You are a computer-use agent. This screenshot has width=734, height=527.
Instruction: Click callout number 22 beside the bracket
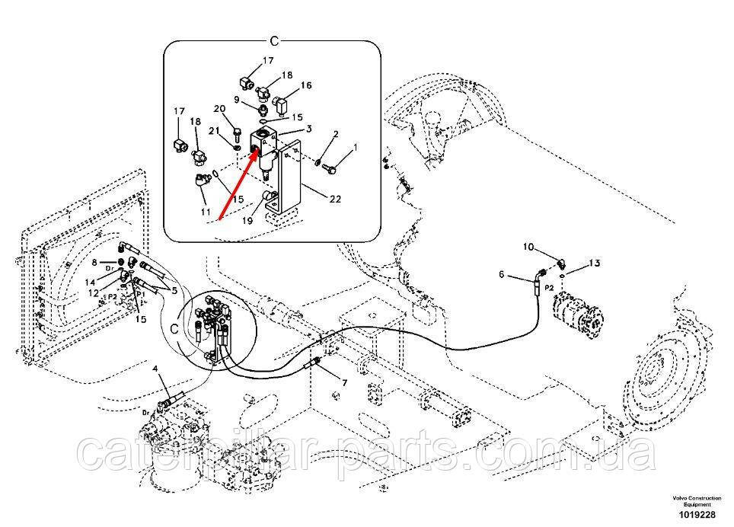click(334, 200)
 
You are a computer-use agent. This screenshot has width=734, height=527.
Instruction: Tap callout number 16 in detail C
click(306, 86)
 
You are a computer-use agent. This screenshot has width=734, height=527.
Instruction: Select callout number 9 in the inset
click(237, 101)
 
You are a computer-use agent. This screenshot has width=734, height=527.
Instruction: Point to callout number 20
click(219, 109)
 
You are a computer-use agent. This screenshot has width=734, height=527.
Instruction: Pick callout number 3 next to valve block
click(310, 129)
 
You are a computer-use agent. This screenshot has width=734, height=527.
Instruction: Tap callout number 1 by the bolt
click(354, 148)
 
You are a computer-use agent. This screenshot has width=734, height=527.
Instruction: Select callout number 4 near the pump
click(156, 369)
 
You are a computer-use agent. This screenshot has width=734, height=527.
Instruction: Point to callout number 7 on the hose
click(344, 382)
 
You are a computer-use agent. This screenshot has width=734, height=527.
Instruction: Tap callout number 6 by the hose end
click(501, 275)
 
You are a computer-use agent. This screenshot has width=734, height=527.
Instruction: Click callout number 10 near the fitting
click(528, 247)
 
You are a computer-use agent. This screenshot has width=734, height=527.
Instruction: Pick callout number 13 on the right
click(595, 263)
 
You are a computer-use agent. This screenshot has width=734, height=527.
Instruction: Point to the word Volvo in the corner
click(679, 497)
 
